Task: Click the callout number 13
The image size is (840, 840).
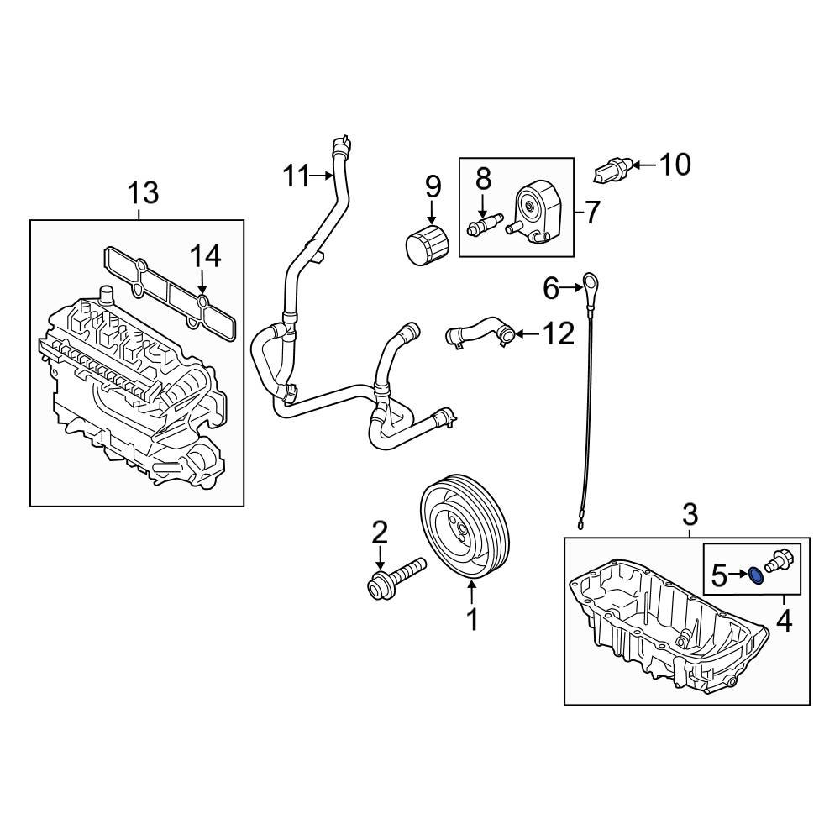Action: (142, 192)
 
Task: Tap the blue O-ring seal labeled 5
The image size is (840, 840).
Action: (755, 575)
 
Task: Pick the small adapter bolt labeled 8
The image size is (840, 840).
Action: (484, 225)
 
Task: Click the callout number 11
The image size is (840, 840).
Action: (296, 176)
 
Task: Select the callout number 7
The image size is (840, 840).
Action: (592, 213)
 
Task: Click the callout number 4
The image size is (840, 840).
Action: (785, 622)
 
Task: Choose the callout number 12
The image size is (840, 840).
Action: (558, 334)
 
